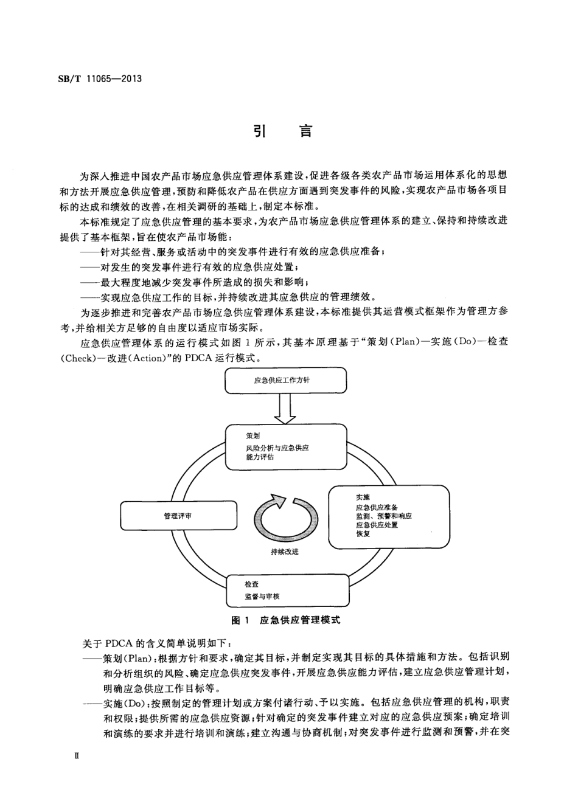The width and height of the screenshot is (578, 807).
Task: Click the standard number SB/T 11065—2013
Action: pyautogui.click(x=100, y=78)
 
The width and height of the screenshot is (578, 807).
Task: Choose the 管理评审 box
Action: pyautogui.click(x=178, y=516)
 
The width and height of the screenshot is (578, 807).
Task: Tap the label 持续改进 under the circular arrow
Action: pyautogui.click(x=285, y=552)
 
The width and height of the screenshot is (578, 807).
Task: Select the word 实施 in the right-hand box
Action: pyautogui.click(x=363, y=497)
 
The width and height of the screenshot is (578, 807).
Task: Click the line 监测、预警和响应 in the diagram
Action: pyautogui.click(x=384, y=516)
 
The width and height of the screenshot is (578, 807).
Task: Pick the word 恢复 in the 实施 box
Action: pyautogui.click(x=363, y=533)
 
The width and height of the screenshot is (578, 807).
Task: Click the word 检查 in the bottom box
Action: pyautogui.click(x=252, y=584)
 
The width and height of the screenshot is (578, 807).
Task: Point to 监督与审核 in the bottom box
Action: pyautogui.click(x=262, y=597)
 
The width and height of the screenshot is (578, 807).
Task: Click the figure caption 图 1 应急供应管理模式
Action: pyautogui.click(x=285, y=620)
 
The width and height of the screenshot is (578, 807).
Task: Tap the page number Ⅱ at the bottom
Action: pyautogui.click(x=76, y=755)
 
